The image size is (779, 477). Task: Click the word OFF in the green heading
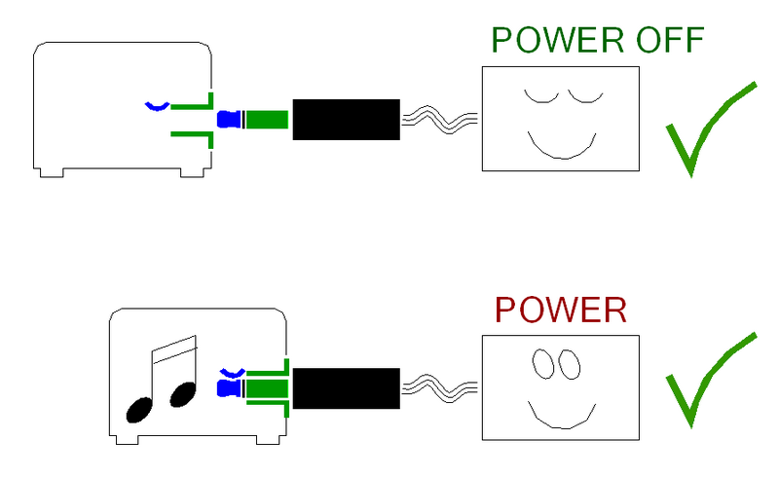tap(670, 40)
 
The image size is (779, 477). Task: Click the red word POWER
tap(561, 310)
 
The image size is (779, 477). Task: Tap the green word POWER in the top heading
tap(557, 40)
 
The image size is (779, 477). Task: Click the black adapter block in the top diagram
tap(347, 120)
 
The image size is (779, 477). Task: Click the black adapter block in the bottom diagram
tap(347, 388)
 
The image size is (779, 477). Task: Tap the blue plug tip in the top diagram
tap(229, 119)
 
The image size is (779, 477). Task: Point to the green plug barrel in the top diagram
tap(267, 120)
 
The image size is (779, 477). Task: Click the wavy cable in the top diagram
tap(439, 119)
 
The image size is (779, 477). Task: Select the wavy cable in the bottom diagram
tap(439, 388)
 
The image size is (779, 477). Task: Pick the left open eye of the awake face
tap(543, 364)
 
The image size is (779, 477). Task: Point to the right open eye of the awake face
tap(570, 364)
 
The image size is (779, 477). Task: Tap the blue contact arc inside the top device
tap(157, 107)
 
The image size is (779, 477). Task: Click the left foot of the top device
tap(52, 173)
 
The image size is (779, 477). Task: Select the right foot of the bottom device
tap(269, 440)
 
